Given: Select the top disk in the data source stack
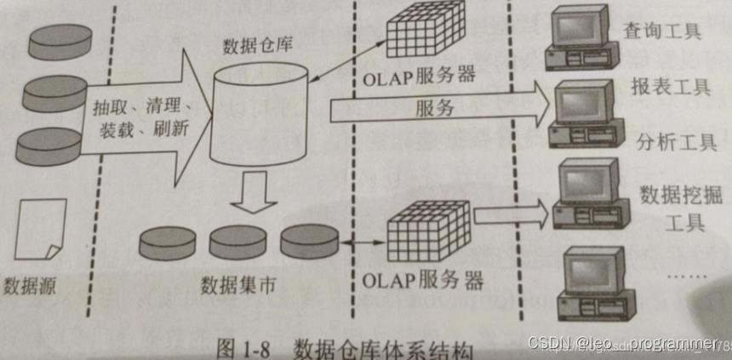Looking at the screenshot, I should tap(60, 41).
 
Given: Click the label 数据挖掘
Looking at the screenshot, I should tap(672, 195).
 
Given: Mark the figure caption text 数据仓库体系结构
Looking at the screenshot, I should tap(383, 349).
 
